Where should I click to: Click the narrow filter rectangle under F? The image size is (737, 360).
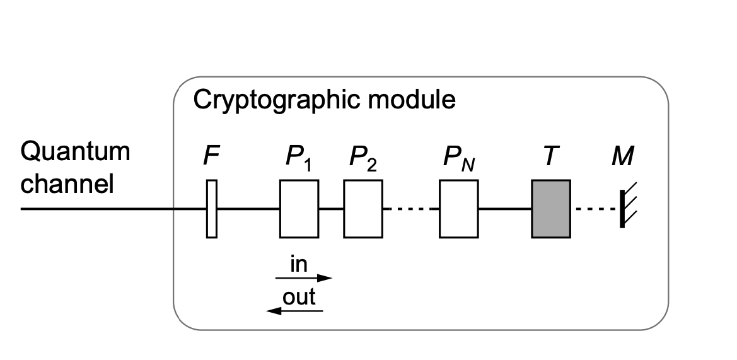click(212, 209)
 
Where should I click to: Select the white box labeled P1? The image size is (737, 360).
click(299, 209)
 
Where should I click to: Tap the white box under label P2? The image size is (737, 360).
click(363, 209)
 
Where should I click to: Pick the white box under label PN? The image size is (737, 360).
click(459, 209)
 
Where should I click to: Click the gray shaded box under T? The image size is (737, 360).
click(551, 209)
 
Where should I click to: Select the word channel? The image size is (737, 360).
click(67, 184)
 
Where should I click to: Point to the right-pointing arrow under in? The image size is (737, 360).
click(304, 277)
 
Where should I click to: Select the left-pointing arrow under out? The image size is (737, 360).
click(294, 310)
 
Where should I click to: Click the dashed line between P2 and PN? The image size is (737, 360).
click(411, 209)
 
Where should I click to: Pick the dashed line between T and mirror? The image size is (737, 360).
click(595, 209)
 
